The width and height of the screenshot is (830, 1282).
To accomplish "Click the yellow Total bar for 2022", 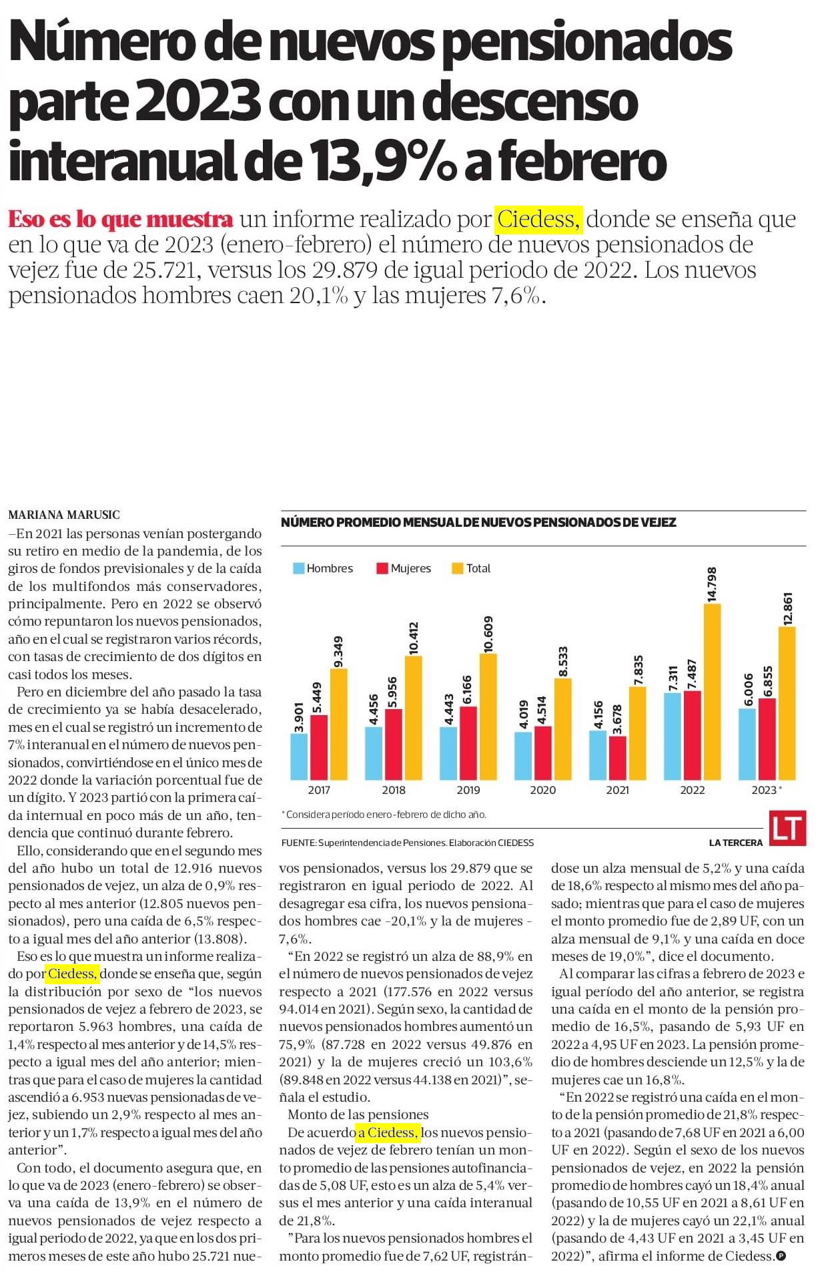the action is pyautogui.click(x=712, y=692).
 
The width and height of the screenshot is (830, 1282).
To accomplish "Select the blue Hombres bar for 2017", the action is pyautogui.click(x=300, y=757).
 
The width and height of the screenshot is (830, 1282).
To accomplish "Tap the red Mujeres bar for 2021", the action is pyautogui.click(x=618, y=758).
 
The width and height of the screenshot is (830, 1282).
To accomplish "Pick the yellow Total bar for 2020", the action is pyautogui.click(x=563, y=729).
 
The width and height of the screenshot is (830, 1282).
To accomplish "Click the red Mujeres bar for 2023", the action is pyautogui.click(x=767, y=739).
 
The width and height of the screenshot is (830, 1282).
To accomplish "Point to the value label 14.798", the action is pyautogui.click(x=712, y=584).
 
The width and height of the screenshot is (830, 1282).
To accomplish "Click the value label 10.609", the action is pyautogui.click(x=488, y=634).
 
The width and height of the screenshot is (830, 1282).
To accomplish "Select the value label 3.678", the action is pyautogui.click(x=618, y=719).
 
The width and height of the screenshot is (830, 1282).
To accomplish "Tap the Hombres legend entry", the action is pyautogui.click(x=324, y=568).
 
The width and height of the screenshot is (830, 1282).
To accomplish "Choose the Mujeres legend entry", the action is pyautogui.click(x=404, y=568).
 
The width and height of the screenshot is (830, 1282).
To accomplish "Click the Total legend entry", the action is pyautogui.click(x=471, y=568).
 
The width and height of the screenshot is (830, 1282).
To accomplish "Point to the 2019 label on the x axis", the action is pyautogui.click(x=468, y=790).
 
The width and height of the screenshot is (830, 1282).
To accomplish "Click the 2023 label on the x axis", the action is pyautogui.click(x=764, y=790).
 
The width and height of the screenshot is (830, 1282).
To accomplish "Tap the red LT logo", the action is pyautogui.click(x=788, y=828).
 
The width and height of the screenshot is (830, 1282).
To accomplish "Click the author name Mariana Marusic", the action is pyautogui.click(x=64, y=515).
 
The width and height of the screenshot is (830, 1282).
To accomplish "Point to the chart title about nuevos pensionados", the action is pyautogui.click(x=478, y=522).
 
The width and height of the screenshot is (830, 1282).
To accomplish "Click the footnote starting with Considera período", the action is pyautogui.click(x=384, y=815).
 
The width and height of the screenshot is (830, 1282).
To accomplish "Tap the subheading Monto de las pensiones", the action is pyautogui.click(x=358, y=1114).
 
